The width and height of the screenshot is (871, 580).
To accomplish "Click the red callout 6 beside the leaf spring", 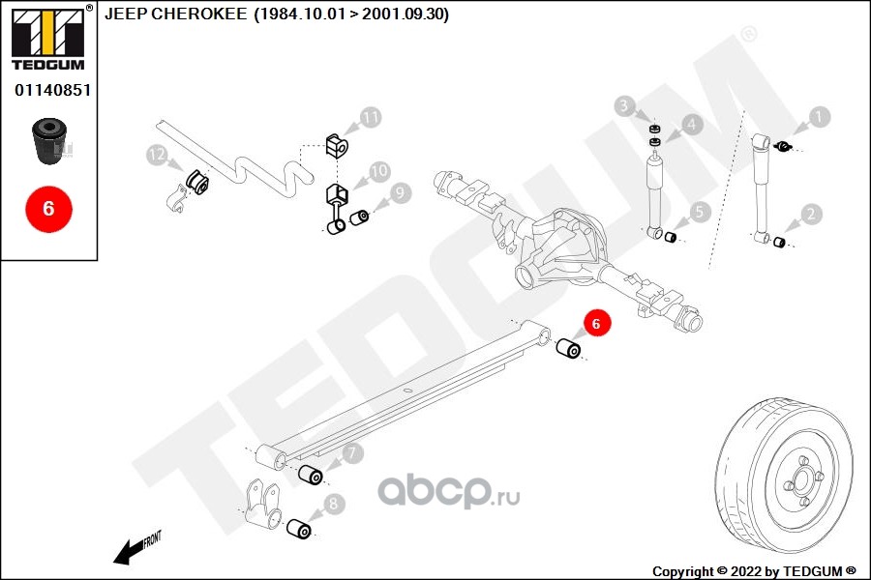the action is click(x=596, y=323).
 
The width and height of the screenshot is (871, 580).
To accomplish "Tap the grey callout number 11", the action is click(x=370, y=117).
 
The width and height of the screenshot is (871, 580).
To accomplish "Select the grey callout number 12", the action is click(x=157, y=155).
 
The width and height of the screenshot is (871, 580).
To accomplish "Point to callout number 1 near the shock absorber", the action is click(x=819, y=117).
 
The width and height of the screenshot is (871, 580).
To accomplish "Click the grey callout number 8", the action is click(x=333, y=504).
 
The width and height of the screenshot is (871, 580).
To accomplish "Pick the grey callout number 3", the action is click(x=624, y=105).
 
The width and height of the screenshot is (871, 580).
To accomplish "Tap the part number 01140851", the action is click(x=53, y=90).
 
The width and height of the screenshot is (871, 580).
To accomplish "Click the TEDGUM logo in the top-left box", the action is click(x=48, y=38).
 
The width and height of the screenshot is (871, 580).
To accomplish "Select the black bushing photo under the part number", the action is click(x=49, y=140).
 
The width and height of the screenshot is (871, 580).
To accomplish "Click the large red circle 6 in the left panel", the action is click(x=49, y=209).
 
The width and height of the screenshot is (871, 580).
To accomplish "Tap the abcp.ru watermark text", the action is click(x=449, y=492).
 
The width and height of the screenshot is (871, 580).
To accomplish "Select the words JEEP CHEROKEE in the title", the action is click(x=175, y=14).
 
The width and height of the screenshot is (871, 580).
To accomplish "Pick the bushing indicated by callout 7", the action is click(x=311, y=475).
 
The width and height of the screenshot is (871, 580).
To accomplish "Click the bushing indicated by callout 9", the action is click(x=359, y=217).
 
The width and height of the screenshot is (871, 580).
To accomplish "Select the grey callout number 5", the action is click(x=700, y=212).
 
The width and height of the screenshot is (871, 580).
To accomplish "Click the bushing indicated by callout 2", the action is click(x=779, y=242).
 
